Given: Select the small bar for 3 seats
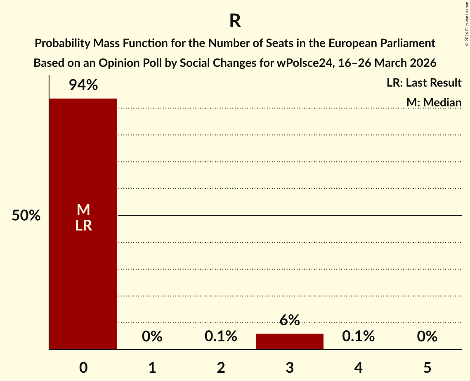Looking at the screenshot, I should pos(289,341).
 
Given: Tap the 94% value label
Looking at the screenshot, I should pos(83,85).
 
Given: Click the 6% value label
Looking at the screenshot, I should pos(289,320).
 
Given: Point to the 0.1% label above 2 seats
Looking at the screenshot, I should pos(221,336).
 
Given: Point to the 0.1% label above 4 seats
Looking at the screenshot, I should pos(358,336).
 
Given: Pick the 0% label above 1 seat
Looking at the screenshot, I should pos(152,336).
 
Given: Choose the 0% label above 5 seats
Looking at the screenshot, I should pos(427,336).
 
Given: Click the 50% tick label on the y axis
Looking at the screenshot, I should pos(26,216).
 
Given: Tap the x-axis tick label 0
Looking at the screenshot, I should pos(83,367).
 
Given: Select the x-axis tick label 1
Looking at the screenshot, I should pos(152,367).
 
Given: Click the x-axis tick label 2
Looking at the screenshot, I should pos(221,367).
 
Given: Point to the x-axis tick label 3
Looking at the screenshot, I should pos(289,367).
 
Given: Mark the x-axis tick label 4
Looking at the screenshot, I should pos(358,367).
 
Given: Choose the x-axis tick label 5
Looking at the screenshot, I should pos(427,367).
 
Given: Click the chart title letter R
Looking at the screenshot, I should pos(235,21).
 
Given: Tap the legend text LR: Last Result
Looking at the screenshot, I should pos(424,83).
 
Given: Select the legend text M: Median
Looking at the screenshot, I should pos(434,102).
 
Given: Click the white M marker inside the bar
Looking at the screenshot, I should pos(83,210).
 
